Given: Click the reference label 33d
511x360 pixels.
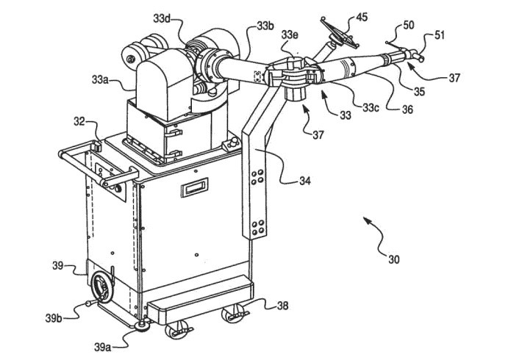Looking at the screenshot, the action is [162, 19].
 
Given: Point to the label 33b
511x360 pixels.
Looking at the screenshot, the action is [265, 26].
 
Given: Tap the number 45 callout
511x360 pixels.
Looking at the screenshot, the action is [362, 17].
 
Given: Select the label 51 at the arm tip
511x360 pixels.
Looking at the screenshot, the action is [439, 35].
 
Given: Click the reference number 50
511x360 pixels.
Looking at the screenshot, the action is [409, 25].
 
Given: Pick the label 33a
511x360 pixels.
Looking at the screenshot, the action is [100, 79].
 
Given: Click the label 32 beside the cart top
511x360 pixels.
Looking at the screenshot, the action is [79, 121].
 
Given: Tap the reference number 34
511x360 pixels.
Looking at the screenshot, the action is [304, 181].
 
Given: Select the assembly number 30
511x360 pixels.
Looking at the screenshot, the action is [393, 259].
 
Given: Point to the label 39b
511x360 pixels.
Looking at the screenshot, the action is [54, 318].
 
